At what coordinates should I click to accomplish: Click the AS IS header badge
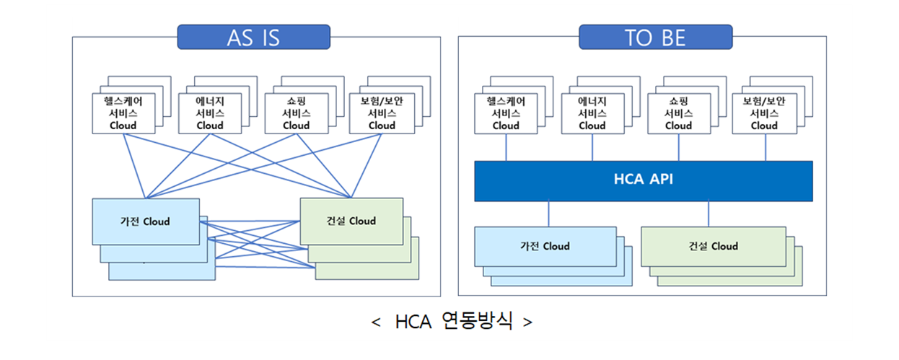pos(253,37)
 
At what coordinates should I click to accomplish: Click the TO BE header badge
pos(655,37)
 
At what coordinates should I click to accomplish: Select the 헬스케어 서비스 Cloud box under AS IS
pos(123,113)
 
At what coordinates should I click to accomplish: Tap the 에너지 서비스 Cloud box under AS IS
pos(210,113)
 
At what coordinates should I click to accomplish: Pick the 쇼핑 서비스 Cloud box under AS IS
pos(296,113)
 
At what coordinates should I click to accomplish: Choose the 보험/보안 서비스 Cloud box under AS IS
pos(382,113)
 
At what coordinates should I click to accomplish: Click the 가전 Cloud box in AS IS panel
pos(146,221)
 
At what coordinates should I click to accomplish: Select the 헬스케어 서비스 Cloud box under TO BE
pos(506,113)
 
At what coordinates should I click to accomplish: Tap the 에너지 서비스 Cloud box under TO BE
pos(592,113)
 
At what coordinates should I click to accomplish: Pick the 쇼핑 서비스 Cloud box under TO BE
pos(678,113)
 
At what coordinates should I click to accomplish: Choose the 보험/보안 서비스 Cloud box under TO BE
pos(764,113)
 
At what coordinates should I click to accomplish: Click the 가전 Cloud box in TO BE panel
pos(545,246)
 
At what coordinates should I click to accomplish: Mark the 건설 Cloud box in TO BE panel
pos(713,246)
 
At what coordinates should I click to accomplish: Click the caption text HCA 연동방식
pos(453,321)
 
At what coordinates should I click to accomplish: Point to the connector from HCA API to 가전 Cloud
pos(549,214)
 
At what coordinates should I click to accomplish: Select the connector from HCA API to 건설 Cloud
pos(709,214)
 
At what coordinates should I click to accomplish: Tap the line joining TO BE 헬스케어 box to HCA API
pos(506,147)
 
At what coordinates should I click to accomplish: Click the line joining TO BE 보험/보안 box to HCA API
pos(765,147)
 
